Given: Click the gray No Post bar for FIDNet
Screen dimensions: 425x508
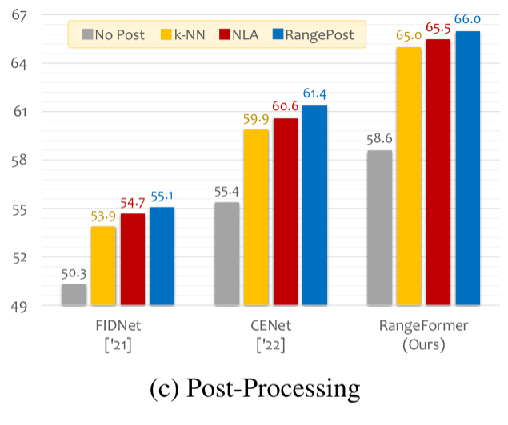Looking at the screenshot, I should pos(74,295).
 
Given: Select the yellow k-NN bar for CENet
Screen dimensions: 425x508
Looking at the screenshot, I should pos(256,217).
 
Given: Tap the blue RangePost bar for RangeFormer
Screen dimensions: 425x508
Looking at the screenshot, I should pos(467,169).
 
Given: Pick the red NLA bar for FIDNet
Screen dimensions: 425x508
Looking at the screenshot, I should pos(133,260).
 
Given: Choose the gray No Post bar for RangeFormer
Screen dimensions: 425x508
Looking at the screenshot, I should pos(379,228).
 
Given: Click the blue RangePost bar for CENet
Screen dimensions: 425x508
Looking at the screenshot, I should pos(314,205).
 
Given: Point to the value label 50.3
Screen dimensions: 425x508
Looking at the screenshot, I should pos(74,273).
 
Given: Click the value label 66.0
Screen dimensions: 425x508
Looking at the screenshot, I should pos(467,20).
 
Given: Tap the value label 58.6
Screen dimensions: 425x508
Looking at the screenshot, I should pos(379,139).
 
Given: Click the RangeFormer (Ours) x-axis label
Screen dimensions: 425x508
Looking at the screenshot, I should pos(423,335).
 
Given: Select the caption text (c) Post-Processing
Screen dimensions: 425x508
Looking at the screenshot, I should pos(254,389).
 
